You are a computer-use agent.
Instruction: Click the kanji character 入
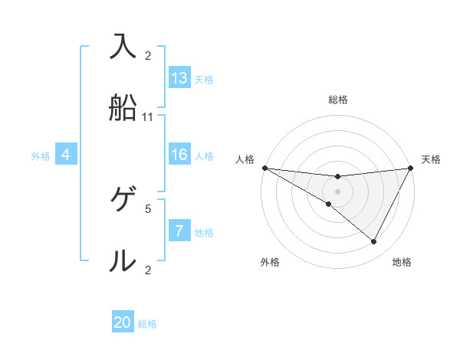click(x=123, y=47)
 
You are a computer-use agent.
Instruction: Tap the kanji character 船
click(x=123, y=108)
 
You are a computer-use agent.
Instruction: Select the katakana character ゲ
click(x=123, y=200)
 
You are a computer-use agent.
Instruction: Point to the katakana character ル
click(x=123, y=260)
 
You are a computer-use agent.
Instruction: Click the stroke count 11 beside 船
click(x=148, y=117)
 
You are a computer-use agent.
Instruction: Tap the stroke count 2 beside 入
click(x=148, y=56)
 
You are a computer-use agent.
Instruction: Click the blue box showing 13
click(x=179, y=78)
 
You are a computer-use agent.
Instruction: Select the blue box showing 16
click(x=179, y=155)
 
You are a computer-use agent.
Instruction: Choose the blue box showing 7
click(x=179, y=231)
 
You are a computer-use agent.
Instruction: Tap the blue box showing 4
click(x=66, y=155)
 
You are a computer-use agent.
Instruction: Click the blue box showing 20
click(x=123, y=322)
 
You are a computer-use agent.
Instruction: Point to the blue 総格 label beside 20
click(x=147, y=324)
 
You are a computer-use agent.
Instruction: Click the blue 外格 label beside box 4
click(x=41, y=156)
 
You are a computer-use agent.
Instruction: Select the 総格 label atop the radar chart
click(x=338, y=100)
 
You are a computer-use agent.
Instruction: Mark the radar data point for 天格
click(x=412, y=168)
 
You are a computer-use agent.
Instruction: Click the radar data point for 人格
click(x=264, y=168)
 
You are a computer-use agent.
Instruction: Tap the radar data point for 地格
click(x=374, y=242)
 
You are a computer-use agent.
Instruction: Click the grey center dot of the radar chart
click(x=338, y=191)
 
